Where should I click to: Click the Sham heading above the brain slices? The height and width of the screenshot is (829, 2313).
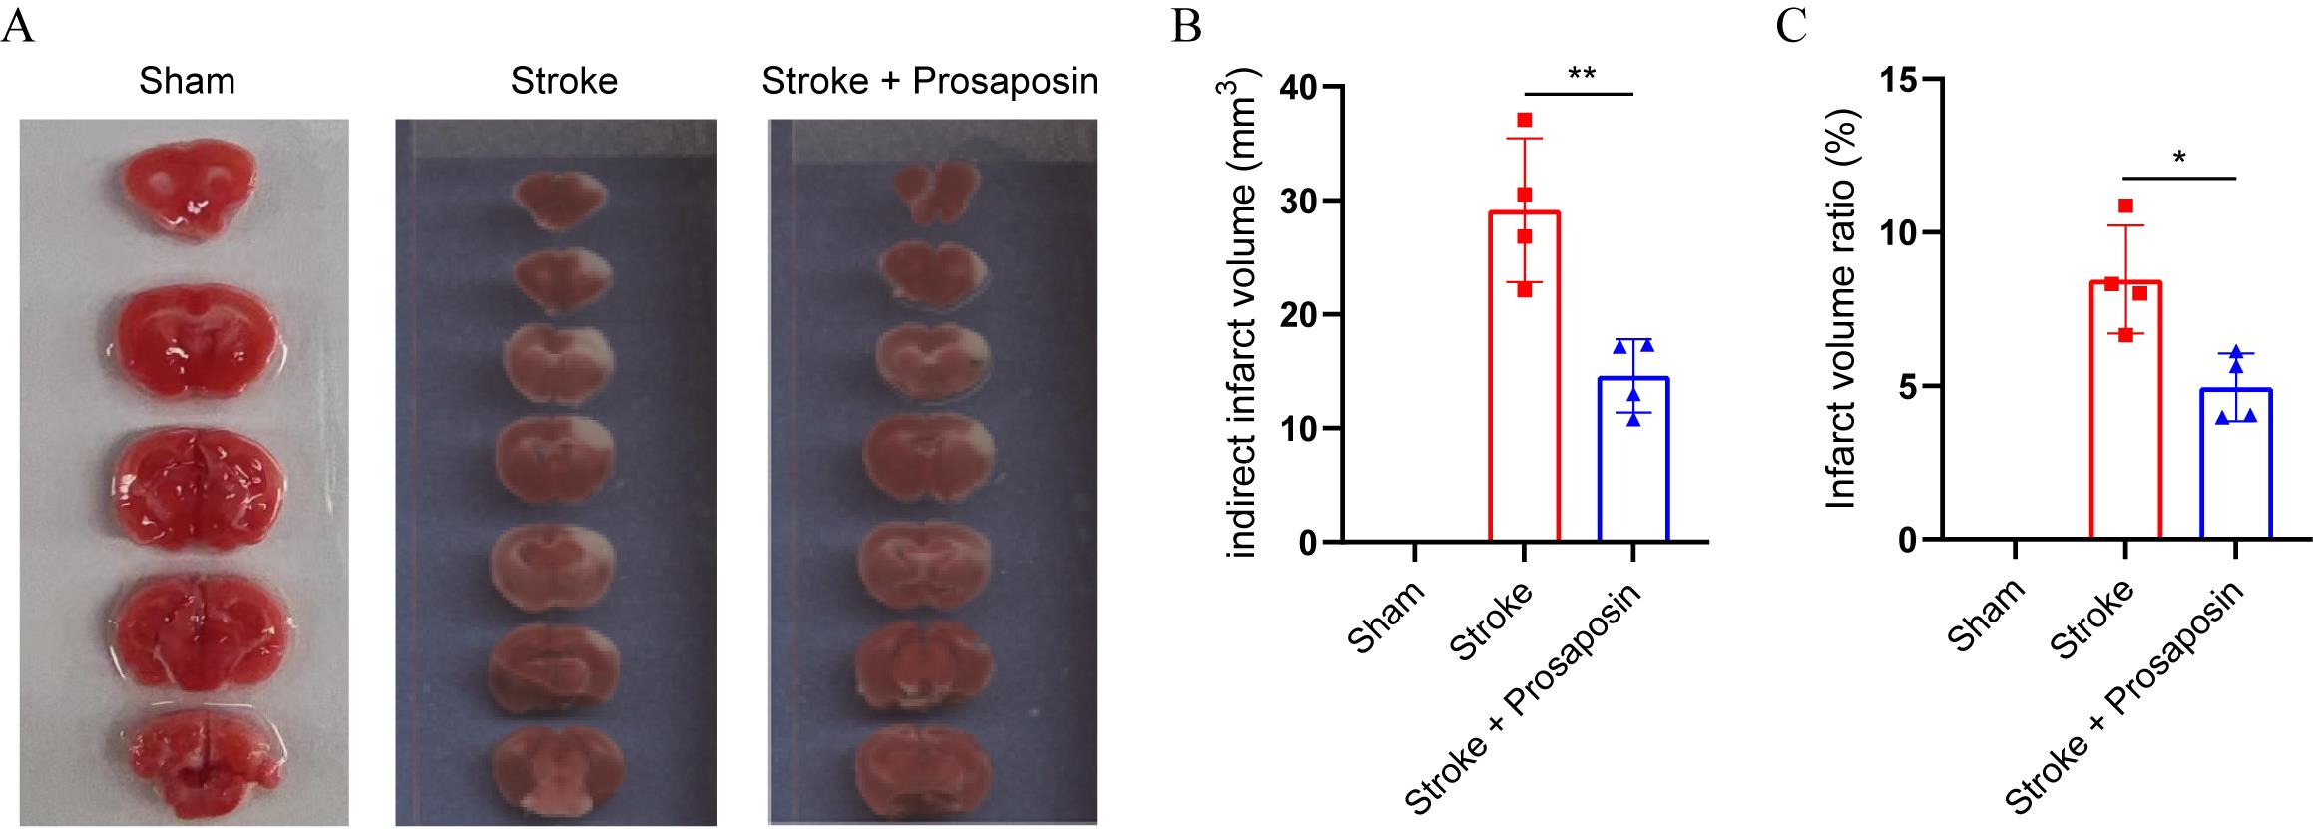click(187, 81)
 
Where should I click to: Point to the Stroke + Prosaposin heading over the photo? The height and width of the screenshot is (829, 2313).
click(929, 81)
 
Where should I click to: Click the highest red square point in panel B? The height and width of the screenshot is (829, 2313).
click(1524, 121)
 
